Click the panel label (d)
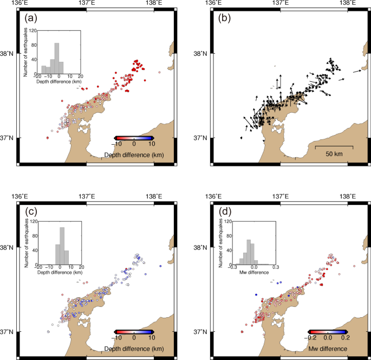224,212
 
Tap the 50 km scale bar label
334,155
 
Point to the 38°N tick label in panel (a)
9,54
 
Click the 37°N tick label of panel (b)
203,138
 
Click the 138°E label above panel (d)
347,196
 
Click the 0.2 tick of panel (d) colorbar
344,338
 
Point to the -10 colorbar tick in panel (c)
116,338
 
